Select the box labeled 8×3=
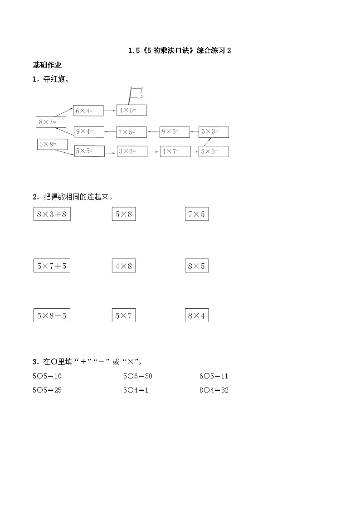51,122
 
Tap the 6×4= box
88,110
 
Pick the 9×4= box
88,132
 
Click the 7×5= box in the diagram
131,132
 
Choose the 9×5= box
175,132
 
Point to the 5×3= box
214,132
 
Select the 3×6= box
131,151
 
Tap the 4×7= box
175,151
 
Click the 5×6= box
214,151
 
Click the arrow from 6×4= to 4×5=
110,110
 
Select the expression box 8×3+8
52,214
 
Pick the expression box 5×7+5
52,266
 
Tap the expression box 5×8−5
52,315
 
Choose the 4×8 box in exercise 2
124,266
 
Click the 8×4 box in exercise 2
197,315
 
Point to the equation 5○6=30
137,376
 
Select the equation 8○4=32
214,390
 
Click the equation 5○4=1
136,390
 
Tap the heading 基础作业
47,65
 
